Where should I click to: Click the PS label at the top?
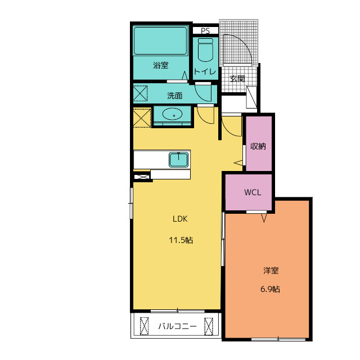pos(205,30)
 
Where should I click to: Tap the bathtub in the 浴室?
pos(160,41)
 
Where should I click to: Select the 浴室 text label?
pos(161,65)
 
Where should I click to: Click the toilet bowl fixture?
pos(205,50)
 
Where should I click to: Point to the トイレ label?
pos(205,71)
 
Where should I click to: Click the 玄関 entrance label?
pos(237,79)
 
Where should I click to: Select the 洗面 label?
pos(175,96)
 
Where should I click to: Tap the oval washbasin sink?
pos(173,114)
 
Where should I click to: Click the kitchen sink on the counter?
pos(179,160)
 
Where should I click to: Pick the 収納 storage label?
pos(258,146)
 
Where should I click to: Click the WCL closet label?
pos(253,192)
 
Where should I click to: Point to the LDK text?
pos(180,219)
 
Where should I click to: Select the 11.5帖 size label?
pos(181,240)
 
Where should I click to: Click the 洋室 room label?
pos(271,271)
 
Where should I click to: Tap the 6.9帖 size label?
pos(270,289)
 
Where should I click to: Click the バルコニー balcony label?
pos(177,326)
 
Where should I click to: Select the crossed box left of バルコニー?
pos(145,326)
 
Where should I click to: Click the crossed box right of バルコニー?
pos(209,326)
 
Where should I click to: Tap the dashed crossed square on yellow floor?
pos(142,118)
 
